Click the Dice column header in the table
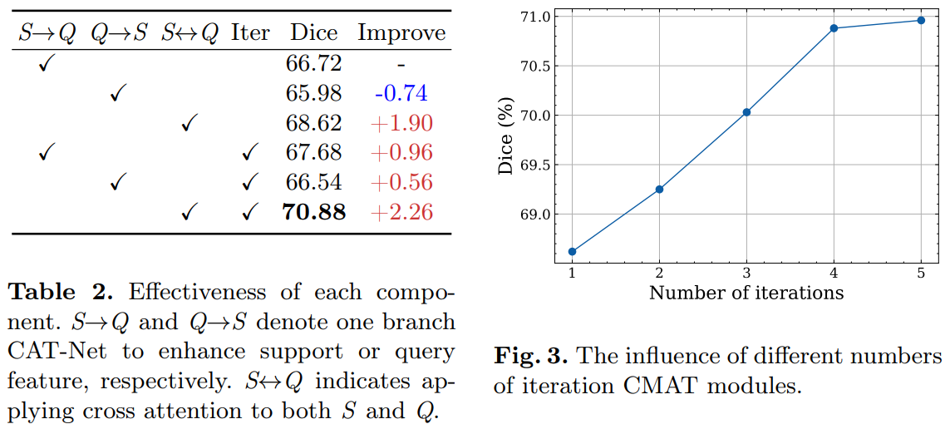[x=313, y=32]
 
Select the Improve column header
[x=401, y=32]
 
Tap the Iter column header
[x=250, y=32]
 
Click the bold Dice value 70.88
[x=313, y=212]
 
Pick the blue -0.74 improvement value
[x=401, y=92]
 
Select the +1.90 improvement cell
[x=401, y=123]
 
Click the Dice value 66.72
[x=313, y=63]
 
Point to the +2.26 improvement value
[x=401, y=212]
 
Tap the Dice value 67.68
[x=313, y=153]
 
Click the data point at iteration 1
[x=572, y=251]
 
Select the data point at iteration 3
[x=746, y=111]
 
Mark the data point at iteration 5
[x=921, y=20]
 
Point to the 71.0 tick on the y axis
[x=534, y=17]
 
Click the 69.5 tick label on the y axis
[x=534, y=165]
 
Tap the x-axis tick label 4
[x=834, y=274]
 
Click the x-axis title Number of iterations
[x=746, y=293]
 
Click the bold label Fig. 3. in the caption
[x=530, y=357]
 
